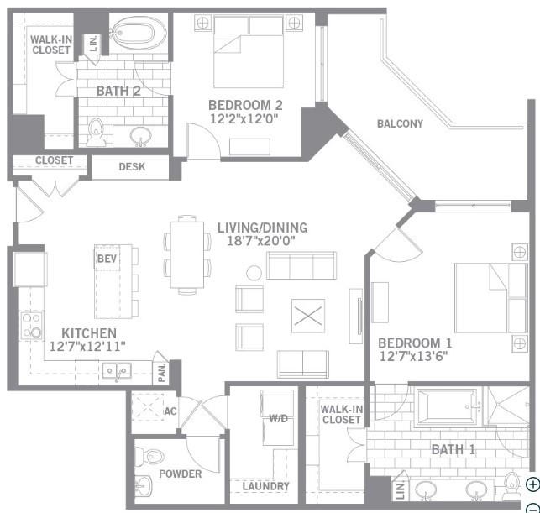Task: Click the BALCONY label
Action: click(400, 124)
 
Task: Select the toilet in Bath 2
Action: click(96, 130)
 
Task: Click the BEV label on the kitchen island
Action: click(107, 259)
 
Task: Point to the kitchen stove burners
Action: click(31, 325)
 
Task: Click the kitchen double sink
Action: click(116, 370)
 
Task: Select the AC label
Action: click(170, 411)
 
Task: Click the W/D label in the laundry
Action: click(278, 417)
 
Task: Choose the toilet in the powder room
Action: click(152, 458)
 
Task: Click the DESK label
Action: click(132, 167)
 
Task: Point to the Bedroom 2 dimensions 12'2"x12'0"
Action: click(244, 119)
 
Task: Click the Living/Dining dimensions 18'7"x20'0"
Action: click(262, 242)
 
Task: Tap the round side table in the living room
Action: click(253, 273)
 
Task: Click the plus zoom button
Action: click(532, 484)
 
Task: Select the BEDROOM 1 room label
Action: click(415, 343)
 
